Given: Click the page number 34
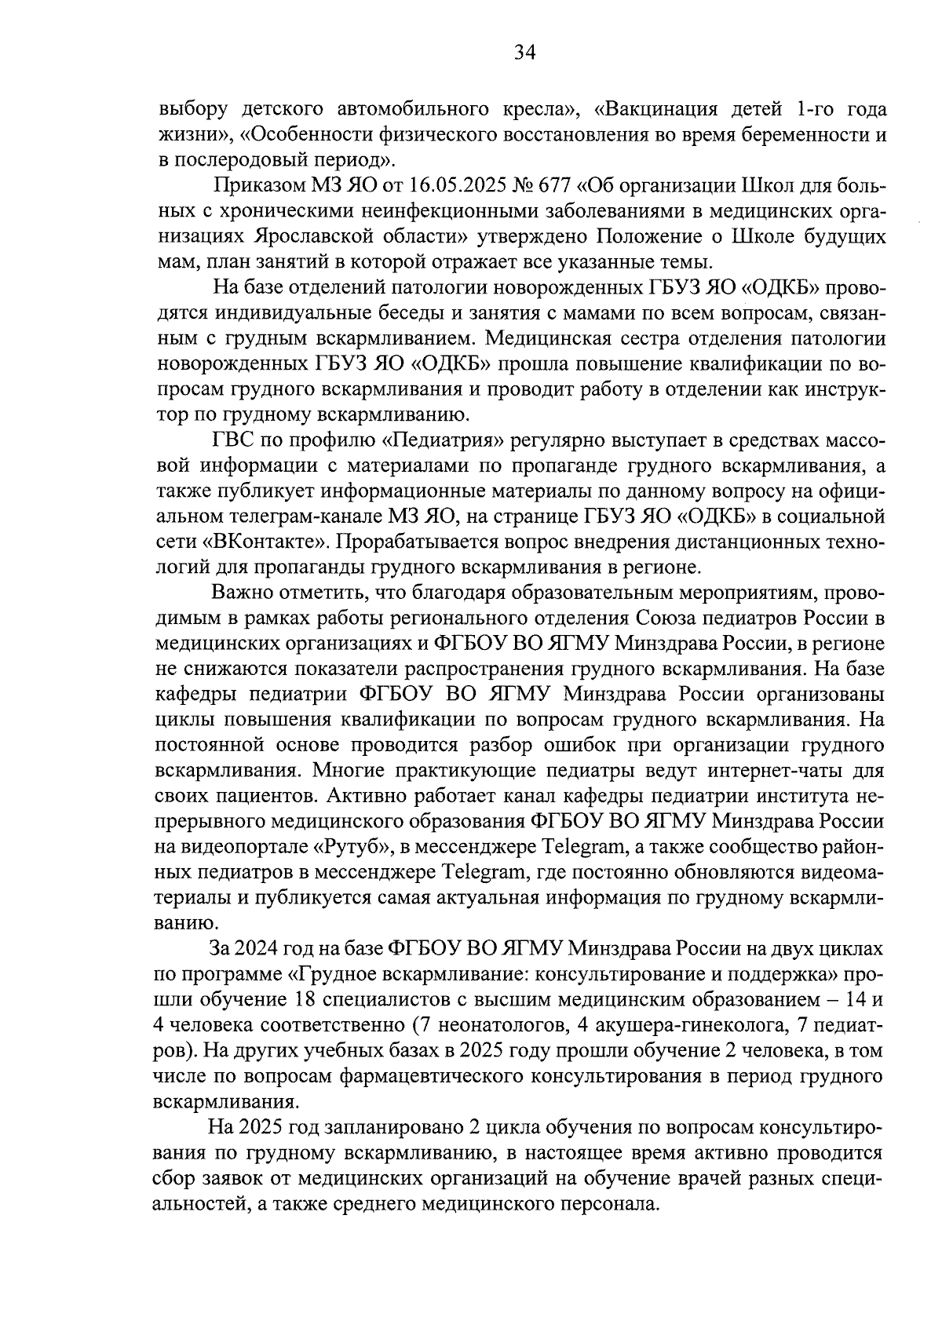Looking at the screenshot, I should tap(524, 53).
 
